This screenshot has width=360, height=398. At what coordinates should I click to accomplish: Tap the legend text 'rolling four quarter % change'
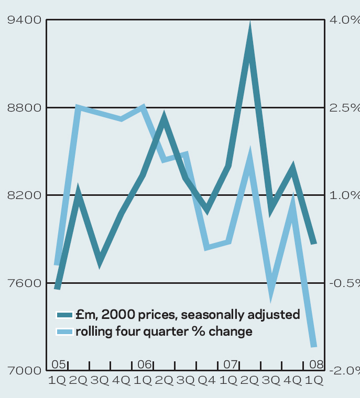pos(164,331)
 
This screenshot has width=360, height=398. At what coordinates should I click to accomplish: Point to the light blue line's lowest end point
pos(314,345)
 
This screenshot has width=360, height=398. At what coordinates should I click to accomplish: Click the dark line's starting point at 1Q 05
pos(57,288)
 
